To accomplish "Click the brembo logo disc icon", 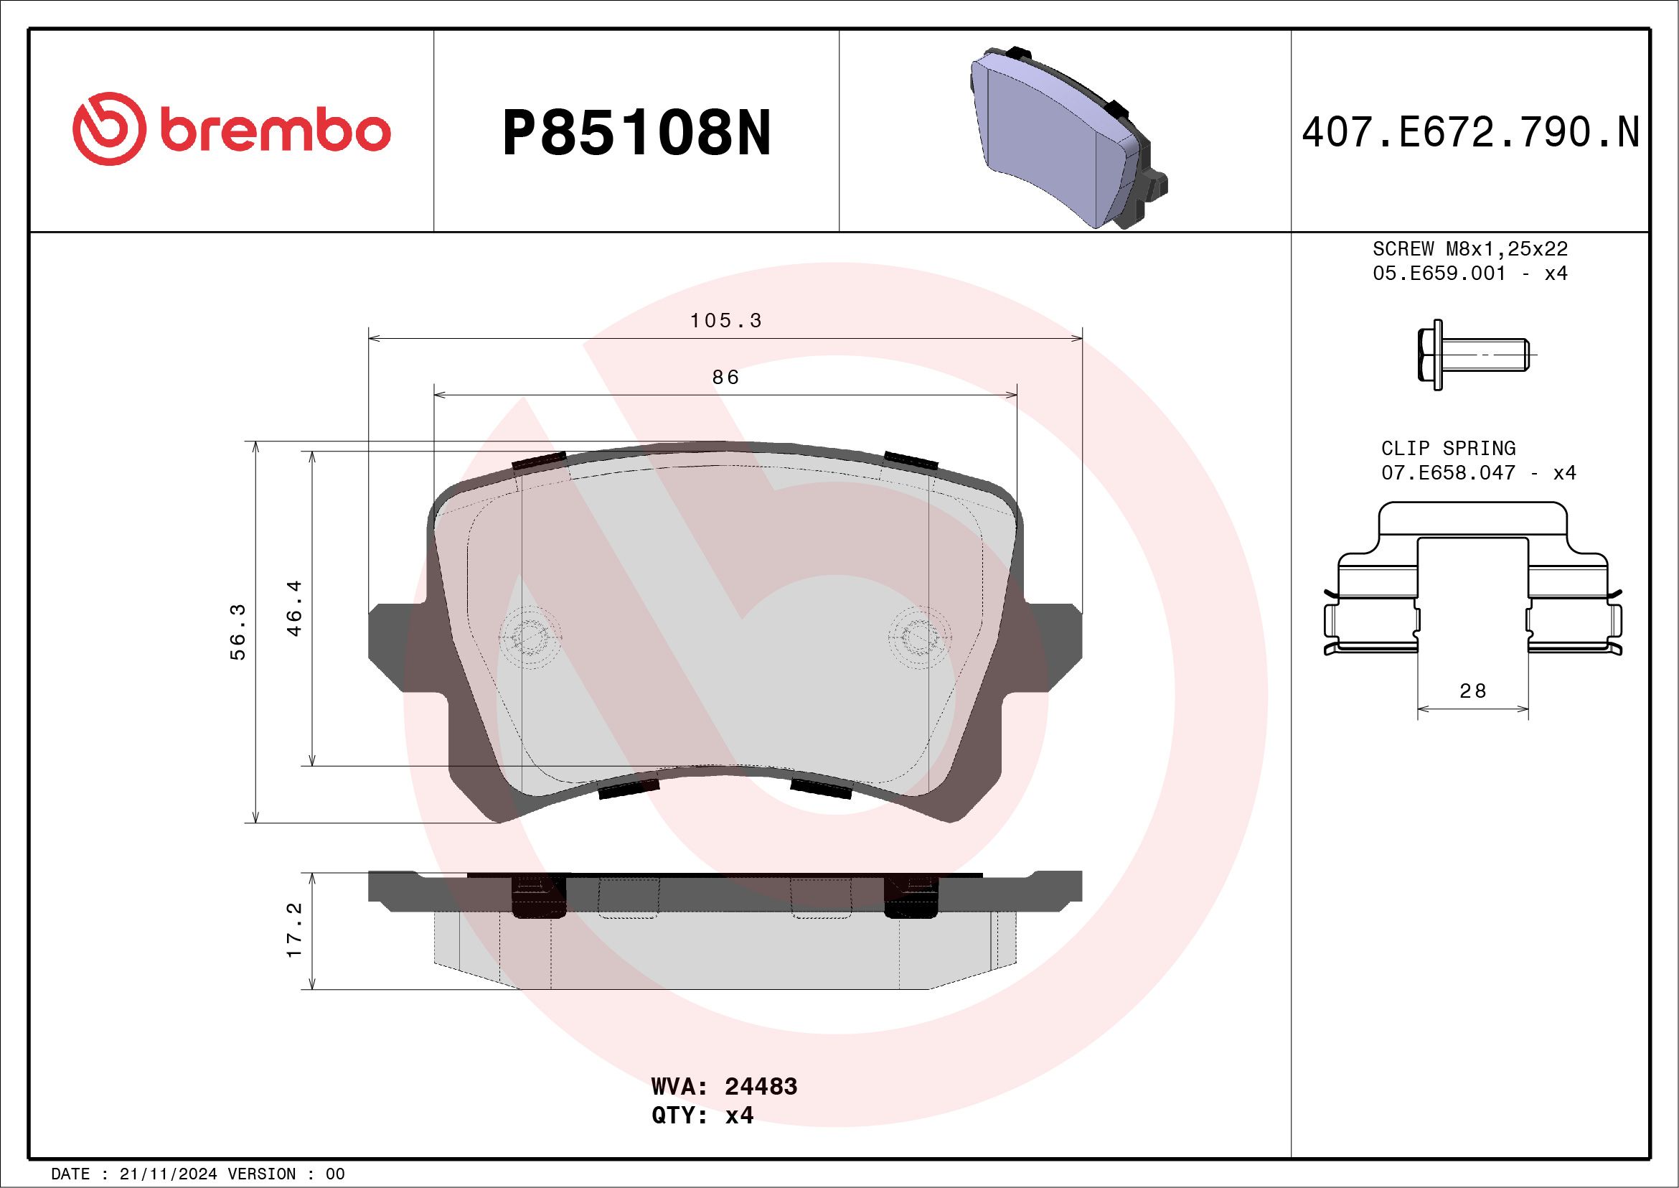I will tap(107, 128).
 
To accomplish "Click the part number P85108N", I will tap(636, 133).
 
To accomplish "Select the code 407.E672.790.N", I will tap(1470, 133).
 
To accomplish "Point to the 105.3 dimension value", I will tap(725, 320).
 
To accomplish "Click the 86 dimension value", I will tap(725, 377).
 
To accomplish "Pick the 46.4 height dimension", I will tap(295, 608).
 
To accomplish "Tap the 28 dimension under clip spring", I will tap(1472, 691).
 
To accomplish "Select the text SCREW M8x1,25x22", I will tap(1470, 248).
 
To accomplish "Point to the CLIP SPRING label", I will tap(1448, 448).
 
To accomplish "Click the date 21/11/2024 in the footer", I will tap(168, 1174).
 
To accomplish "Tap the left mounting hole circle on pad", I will tap(530, 637).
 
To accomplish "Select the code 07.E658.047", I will tap(1448, 472).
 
